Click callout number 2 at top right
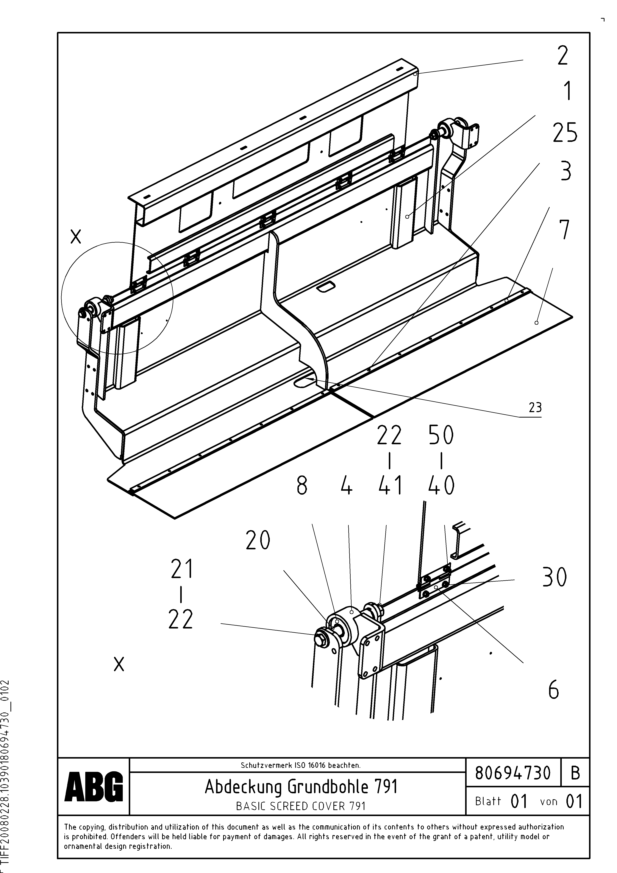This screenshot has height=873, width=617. click(x=563, y=55)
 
